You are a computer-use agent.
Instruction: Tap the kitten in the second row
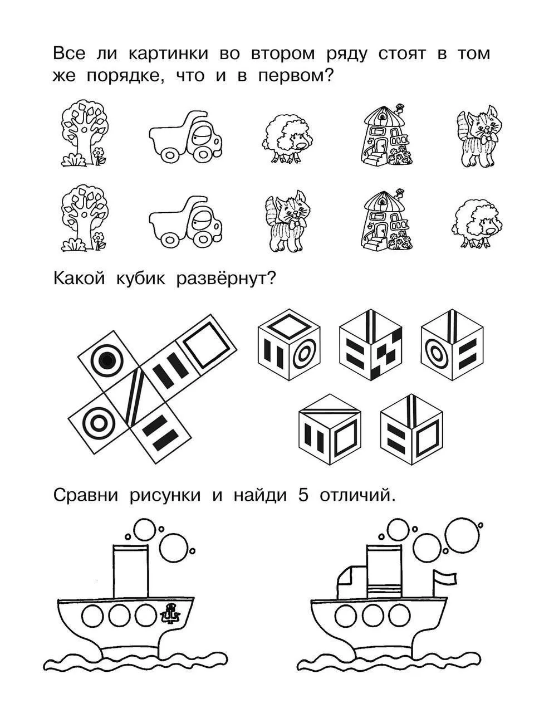pyautogui.click(x=286, y=221)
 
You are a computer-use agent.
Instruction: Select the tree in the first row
pyautogui.click(x=85, y=133)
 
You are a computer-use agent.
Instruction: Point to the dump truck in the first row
pyautogui.click(x=186, y=136)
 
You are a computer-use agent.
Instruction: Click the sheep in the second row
pyautogui.click(x=477, y=224)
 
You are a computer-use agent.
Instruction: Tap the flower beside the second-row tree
pyautogui.click(x=99, y=241)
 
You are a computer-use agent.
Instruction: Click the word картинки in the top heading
pyautogui.click(x=168, y=54)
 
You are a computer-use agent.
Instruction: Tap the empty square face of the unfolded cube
pyautogui.click(x=207, y=345)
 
